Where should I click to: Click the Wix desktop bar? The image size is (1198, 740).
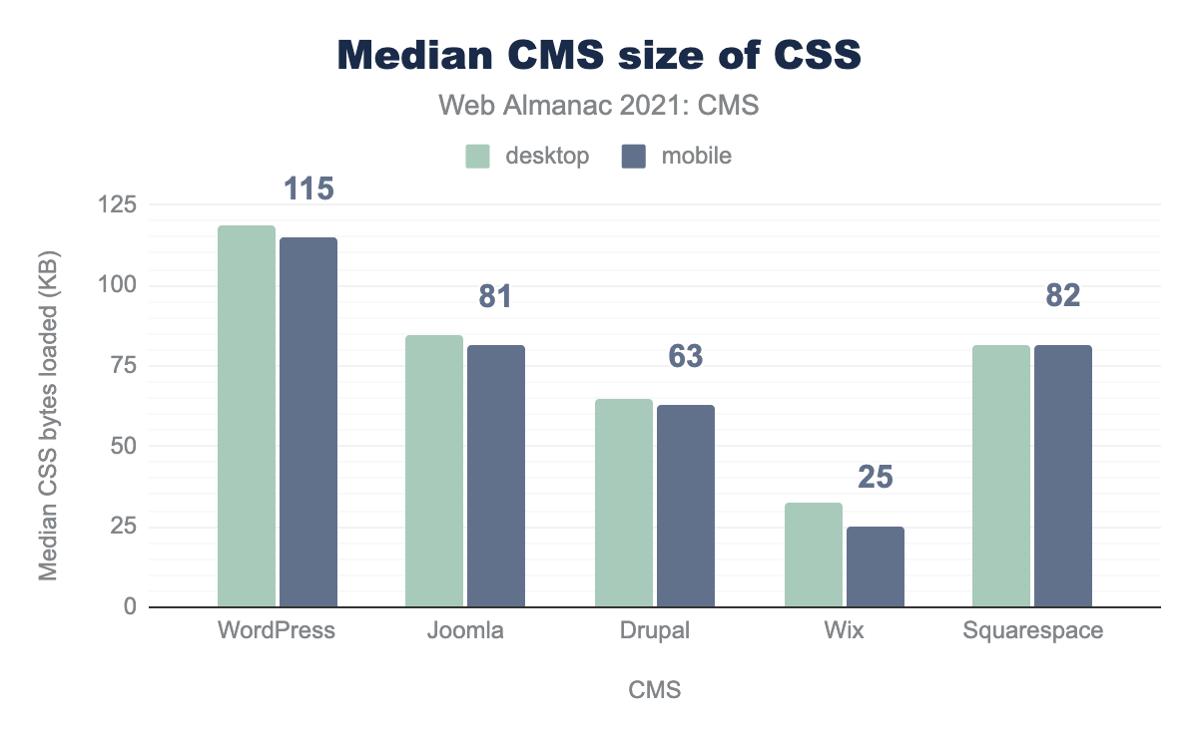[814, 555]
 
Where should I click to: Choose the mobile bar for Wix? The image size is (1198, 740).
[876, 566]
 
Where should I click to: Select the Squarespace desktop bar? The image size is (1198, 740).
[1001, 476]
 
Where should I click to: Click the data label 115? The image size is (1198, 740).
[308, 188]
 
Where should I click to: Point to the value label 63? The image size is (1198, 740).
[686, 356]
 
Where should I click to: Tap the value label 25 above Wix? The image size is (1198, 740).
[876, 477]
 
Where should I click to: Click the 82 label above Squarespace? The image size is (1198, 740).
[1063, 296]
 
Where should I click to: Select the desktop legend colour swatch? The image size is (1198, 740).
[478, 156]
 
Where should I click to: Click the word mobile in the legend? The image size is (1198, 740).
[695, 156]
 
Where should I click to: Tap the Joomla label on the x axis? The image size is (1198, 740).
[466, 631]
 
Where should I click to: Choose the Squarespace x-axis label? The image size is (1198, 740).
[1032, 631]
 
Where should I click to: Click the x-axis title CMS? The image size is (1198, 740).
[655, 690]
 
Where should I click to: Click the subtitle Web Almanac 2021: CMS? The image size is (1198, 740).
[599, 106]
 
